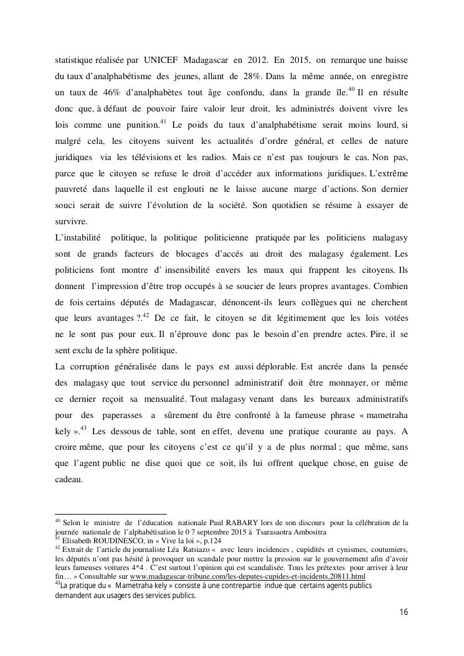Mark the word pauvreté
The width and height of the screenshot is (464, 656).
click(x=72, y=188)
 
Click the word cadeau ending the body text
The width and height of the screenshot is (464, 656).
click(x=69, y=479)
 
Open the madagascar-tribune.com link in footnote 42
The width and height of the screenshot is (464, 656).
click(x=247, y=576)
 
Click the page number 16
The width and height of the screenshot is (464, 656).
click(x=403, y=612)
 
